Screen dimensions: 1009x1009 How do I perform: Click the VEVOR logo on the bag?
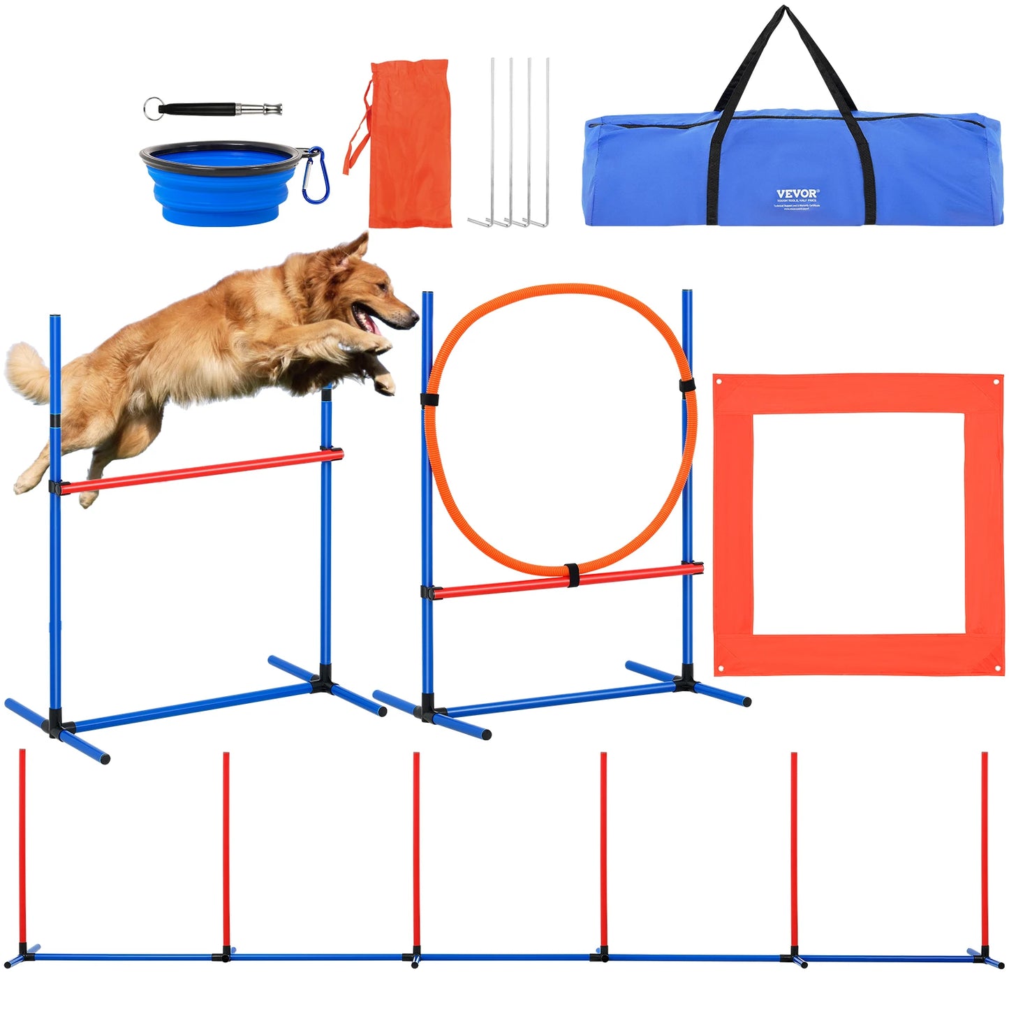pyautogui.click(x=797, y=193)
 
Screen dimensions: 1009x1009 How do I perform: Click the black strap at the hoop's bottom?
pyautogui.click(x=573, y=575)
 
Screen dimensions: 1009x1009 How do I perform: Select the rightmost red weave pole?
pyautogui.click(x=985, y=848)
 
